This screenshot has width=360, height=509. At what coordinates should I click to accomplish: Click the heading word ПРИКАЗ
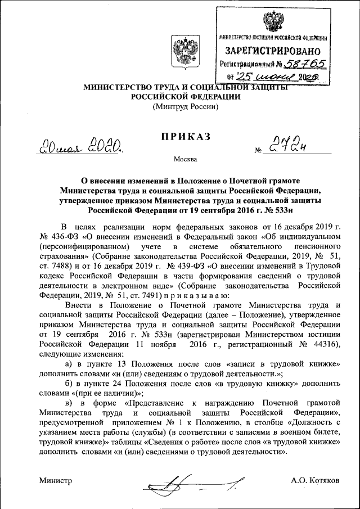pyautogui.click(x=186, y=137)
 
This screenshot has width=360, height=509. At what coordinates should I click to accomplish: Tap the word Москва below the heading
pyautogui.click(x=186, y=159)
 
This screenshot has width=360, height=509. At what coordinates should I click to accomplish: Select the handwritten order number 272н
pyautogui.click(x=289, y=146)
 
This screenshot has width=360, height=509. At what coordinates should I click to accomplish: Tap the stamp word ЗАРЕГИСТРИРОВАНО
pyautogui.click(x=273, y=51)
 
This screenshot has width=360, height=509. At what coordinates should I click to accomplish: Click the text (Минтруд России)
pyautogui.click(x=186, y=107)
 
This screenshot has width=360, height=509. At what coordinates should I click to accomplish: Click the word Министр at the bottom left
pyautogui.click(x=56, y=481)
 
